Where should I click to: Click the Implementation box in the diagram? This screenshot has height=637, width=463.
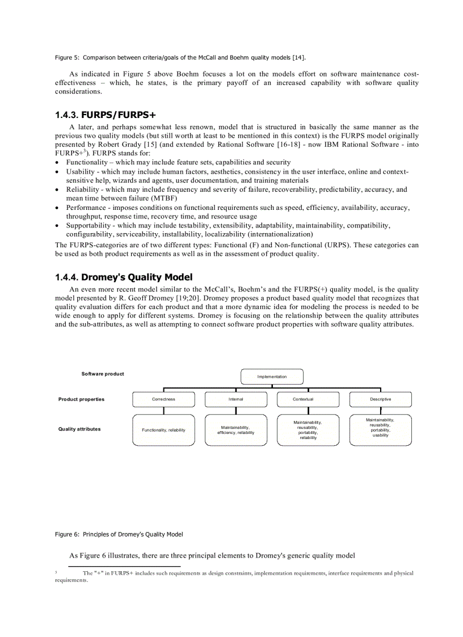tap(272, 377)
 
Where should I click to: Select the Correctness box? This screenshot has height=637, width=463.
tap(163, 399)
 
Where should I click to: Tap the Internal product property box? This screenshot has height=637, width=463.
tap(235, 399)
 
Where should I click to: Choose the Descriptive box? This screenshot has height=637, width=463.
tap(380, 399)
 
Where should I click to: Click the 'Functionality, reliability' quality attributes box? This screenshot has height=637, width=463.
tap(163, 430)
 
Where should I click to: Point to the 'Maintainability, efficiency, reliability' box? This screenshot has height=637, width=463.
tap(235, 430)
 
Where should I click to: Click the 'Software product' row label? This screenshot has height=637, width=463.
tap(103, 374)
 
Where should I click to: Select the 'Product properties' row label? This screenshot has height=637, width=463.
tap(81, 399)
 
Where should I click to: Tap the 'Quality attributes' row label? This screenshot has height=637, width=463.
tap(79, 429)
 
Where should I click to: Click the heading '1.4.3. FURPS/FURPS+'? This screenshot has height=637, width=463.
tap(105, 115)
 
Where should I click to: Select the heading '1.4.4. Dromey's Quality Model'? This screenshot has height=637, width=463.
tap(124, 277)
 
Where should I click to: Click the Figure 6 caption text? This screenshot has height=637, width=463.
tap(119, 534)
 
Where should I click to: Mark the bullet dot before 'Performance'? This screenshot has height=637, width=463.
tap(58, 208)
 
